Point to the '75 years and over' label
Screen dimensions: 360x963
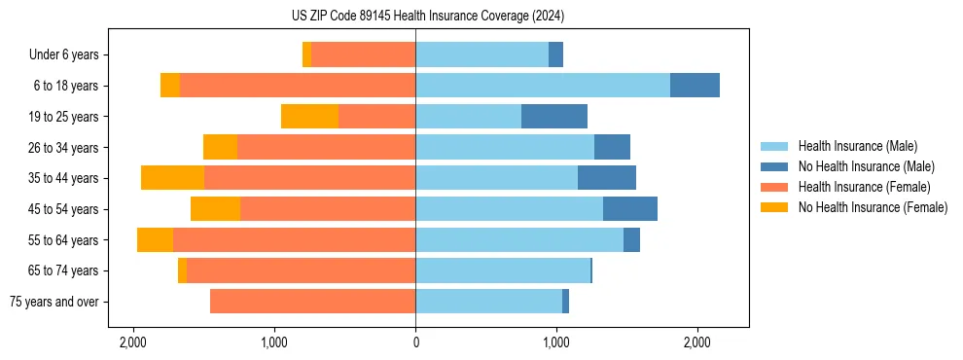[x=54, y=302]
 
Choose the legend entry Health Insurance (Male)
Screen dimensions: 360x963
[x=857, y=146]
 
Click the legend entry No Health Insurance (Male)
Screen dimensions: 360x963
[x=866, y=166]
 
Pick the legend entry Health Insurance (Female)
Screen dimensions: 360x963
[x=864, y=187]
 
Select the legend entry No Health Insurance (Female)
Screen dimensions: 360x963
[x=873, y=207]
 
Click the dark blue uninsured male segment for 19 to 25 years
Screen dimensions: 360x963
[x=554, y=117]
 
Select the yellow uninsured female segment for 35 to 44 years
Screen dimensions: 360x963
[x=172, y=178]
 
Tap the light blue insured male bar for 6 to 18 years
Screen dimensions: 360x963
[x=543, y=86]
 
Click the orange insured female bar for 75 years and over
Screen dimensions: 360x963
[x=312, y=302]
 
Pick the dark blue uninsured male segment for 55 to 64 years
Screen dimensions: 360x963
[x=631, y=239]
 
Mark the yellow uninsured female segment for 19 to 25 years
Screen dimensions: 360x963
[x=309, y=117]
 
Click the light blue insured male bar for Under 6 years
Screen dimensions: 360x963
[x=481, y=55]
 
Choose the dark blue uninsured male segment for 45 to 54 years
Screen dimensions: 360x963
[x=630, y=209]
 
